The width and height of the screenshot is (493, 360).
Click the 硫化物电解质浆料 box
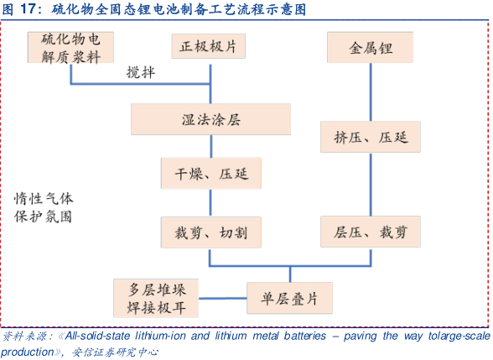tap(70, 48)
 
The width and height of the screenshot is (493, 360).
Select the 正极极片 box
tap(209, 46)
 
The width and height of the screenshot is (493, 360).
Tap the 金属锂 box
tap(371, 48)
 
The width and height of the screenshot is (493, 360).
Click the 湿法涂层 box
tap(210, 119)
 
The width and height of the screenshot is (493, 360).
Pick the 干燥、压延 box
tap(211, 174)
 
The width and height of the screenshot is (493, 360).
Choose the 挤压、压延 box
tap(371, 137)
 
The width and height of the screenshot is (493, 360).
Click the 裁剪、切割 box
tap(211, 232)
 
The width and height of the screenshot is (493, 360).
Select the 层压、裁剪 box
tap(371, 232)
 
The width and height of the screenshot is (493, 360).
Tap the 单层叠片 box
tap(289, 298)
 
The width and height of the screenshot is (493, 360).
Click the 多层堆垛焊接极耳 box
tap(156, 298)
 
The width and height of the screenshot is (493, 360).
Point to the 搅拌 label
tap(141, 72)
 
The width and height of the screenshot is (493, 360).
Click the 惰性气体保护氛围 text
tap(44, 208)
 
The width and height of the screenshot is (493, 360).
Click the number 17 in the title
tap(28, 8)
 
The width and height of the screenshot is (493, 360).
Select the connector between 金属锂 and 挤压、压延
tap(371, 92)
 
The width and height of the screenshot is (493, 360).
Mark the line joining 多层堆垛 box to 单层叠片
tap(223, 299)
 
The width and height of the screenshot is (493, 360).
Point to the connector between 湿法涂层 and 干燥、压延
tap(211, 146)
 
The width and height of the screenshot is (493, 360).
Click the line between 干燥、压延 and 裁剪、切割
tap(210, 203)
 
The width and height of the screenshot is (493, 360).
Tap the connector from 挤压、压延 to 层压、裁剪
tap(371, 185)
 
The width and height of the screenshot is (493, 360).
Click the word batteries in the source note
tap(305, 336)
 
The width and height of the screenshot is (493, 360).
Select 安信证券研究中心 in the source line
tap(115, 352)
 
